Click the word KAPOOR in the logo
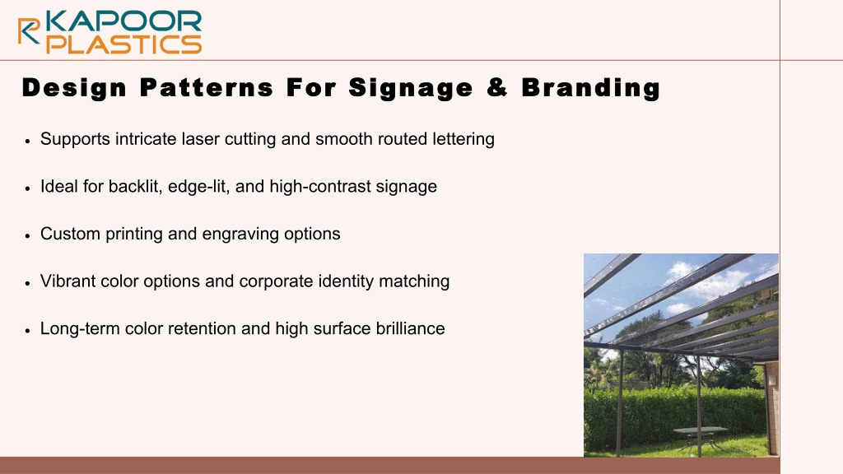(x=124, y=21)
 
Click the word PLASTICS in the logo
(x=124, y=44)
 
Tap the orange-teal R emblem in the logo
(x=29, y=30)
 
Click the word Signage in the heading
(x=411, y=88)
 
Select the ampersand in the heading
(x=497, y=87)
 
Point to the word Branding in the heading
(x=591, y=88)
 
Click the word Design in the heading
(x=74, y=88)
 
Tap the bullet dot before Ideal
(x=28, y=188)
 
